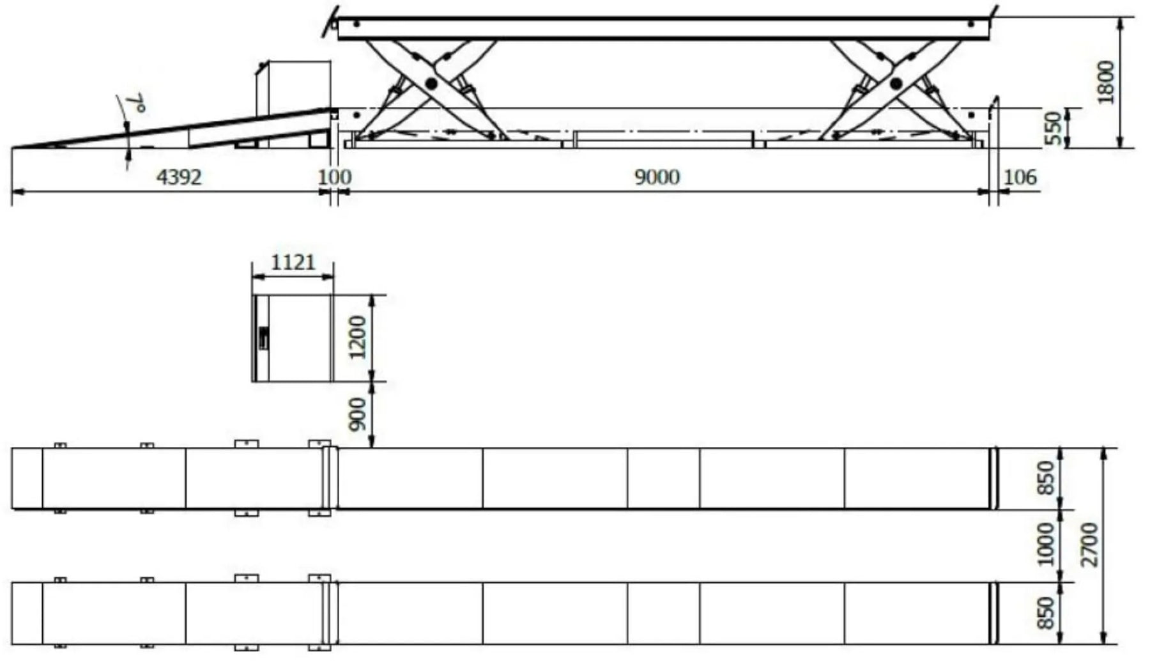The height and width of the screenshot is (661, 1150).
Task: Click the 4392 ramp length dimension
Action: pyautogui.click(x=179, y=176)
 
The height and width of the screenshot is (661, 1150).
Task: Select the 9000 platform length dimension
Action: pyautogui.click(x=657, y=176)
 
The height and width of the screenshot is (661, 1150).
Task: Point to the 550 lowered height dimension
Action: pyautogui.click(x=1055, y=128)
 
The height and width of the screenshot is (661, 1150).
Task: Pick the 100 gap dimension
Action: pyautogui.click(x=335, y=176)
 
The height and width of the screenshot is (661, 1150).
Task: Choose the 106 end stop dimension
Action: pyautogui.click(x=1020, y=176)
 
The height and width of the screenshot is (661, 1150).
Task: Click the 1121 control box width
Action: pyautogui.click(x=293, y=262)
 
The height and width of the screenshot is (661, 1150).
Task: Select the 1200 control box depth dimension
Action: pyautogui.click(x=358, y=338)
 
